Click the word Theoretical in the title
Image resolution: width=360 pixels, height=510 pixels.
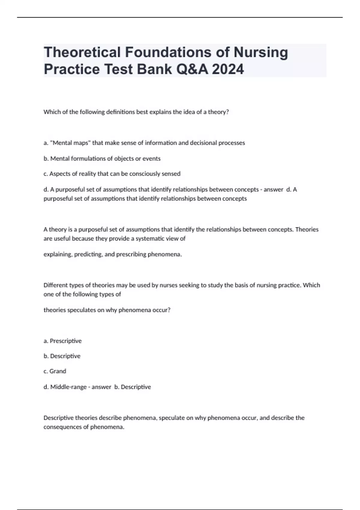point(82,52)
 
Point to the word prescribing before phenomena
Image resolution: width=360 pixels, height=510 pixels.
point(131,254)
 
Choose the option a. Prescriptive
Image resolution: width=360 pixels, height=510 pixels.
point(62,341)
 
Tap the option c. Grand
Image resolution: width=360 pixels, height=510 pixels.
point(55,371)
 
